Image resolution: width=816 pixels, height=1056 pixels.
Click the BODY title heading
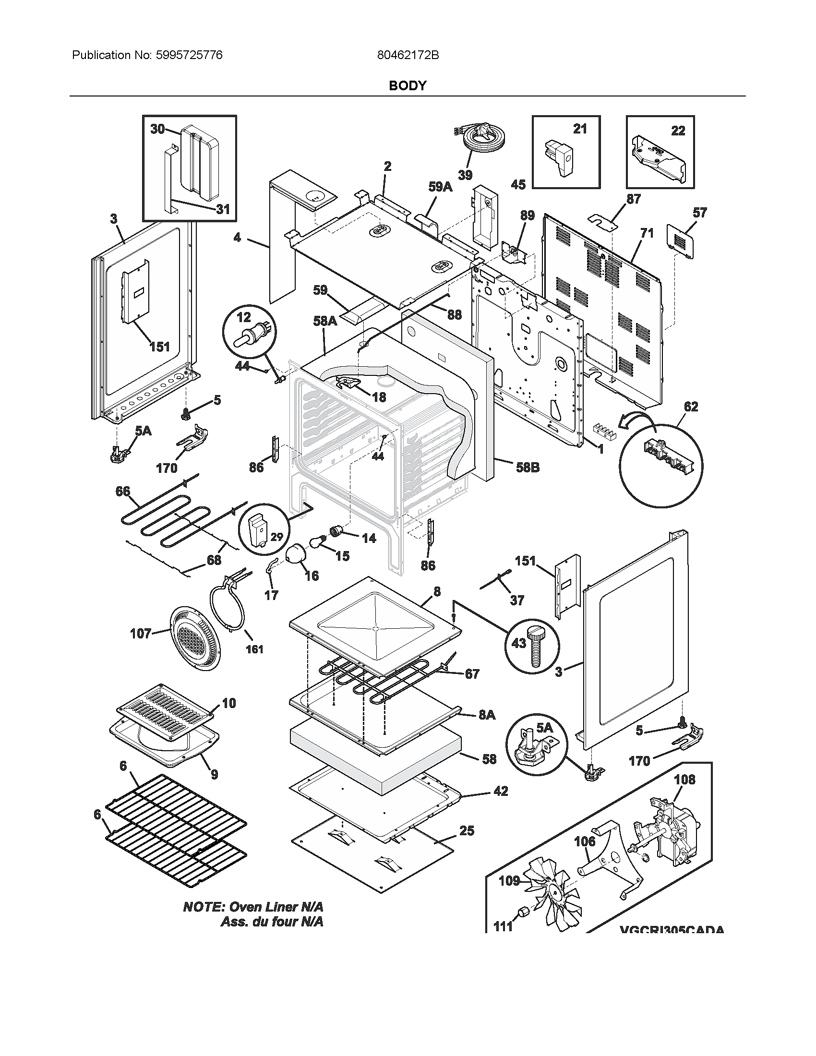click(408, 85)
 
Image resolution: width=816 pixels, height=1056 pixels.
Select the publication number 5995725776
click(189, 55)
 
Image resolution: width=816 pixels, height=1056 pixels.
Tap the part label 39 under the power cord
click(465, 175)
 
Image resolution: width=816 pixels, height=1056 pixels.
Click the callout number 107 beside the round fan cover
click(141, 633)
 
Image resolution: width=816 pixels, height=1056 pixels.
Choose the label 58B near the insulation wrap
click(527, 468)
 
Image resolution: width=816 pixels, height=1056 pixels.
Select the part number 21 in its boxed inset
click(580, 129)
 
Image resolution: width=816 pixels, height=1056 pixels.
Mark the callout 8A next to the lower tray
click(487, 728)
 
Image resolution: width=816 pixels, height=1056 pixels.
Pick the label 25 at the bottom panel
click(467, 831)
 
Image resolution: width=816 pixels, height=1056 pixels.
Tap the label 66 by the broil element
click(123, 491)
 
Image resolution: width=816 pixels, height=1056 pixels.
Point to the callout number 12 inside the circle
click(244, 317)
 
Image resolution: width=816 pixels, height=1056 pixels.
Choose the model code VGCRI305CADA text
click(672, 929)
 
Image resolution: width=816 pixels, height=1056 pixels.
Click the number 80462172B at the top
click(408, 55)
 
